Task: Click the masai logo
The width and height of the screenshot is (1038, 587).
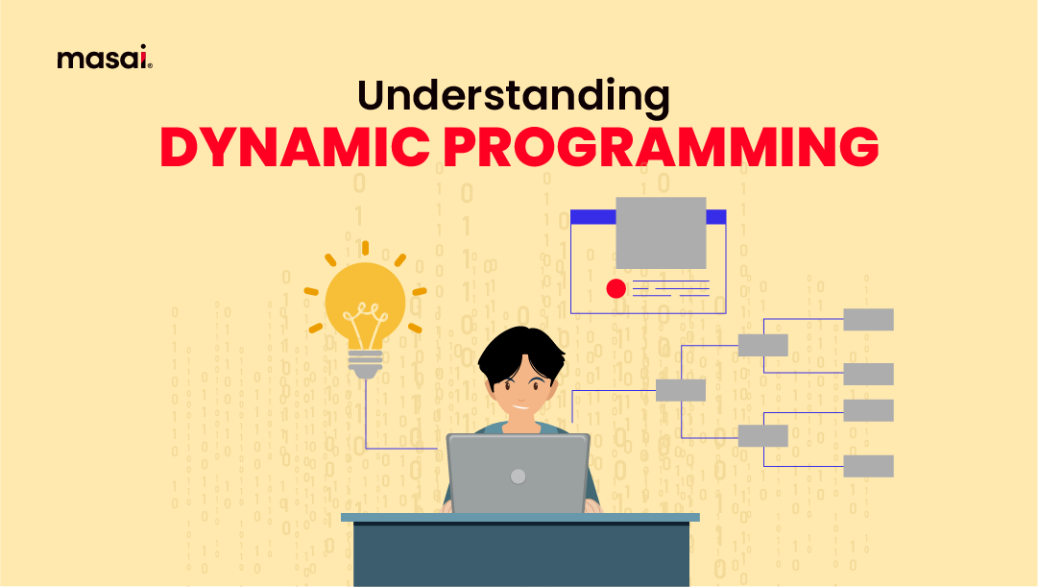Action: tap(105, 60)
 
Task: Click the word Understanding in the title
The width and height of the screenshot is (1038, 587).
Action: tap(513, 96)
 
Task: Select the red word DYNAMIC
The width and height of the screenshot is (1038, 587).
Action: tap(290, 148)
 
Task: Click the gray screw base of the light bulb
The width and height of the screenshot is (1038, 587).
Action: tap(364, 363)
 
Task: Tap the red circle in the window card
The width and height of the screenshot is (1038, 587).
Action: tap(616, 288)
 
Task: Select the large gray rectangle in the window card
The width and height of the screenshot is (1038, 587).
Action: tap(661, 233)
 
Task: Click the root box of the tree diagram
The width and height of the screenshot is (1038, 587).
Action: tap(680, 390)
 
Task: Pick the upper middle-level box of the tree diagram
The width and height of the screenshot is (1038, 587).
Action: tap(762, 346)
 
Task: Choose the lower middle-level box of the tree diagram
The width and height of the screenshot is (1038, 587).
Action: tap(762, 435)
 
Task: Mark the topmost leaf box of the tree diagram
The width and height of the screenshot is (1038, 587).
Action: tap(868, 320)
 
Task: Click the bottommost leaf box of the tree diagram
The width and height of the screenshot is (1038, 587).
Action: tap(868, 467)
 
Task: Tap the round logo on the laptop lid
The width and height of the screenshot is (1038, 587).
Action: tap(519, 476)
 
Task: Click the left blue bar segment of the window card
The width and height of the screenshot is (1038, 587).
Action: tap(592, 217)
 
